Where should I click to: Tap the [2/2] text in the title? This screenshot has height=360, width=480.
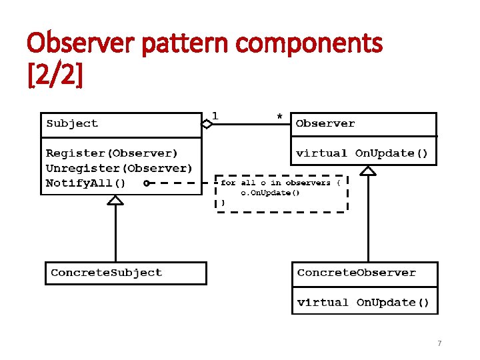(55, 75)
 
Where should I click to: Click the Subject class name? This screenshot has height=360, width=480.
(72, 123)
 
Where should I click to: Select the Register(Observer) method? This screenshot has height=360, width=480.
(112, 153)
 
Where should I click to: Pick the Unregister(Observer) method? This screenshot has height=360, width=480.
(119, 168)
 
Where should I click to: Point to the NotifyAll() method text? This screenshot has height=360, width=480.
(85, 183)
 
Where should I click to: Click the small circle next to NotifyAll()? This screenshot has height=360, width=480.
(146, 183)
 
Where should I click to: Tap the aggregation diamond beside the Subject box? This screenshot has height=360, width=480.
(207, 123)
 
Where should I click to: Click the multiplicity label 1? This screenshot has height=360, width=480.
(215, 115)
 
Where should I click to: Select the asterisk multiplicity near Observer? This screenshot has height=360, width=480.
(279, 117)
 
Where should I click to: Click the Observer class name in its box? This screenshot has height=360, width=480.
(325, 123)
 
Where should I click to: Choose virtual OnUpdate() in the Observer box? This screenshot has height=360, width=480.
(362, 153)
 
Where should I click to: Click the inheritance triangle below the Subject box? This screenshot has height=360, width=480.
(116, 199)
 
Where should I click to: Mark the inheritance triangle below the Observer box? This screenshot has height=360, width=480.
(368, 171)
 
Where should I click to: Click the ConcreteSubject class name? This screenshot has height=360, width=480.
(107, 273)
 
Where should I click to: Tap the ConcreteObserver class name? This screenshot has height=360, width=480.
(357, 273)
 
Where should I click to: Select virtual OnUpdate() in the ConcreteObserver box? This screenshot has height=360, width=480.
(363, 303)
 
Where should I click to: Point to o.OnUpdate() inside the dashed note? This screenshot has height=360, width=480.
(270, 193)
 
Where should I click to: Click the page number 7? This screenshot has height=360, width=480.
(439, 343)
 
